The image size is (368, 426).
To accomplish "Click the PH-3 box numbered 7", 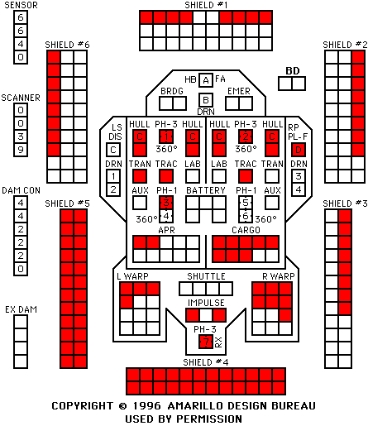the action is pos(206,342).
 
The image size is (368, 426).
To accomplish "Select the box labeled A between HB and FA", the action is pos(206,80).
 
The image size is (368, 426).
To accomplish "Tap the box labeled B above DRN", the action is pos(206,100).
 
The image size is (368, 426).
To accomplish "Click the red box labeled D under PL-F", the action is pos(299,150).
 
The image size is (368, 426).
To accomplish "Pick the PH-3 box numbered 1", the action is pos(166,136).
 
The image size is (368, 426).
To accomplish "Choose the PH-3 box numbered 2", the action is pos(246,136).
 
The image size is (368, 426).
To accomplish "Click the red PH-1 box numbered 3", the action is pos(166,203).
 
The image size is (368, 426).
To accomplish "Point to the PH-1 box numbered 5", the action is pos(246,203).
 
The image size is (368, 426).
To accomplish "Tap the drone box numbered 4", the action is pos(299,189).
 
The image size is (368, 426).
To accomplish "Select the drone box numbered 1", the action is pos(113,176).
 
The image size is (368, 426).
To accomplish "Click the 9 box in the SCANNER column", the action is pos(21,150).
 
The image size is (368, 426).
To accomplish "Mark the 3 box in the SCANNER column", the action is pos(21,136).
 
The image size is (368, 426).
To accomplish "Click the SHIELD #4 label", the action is pos(206,362).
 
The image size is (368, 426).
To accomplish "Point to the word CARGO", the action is pos(246,230).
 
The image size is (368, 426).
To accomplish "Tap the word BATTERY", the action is pos(206,190).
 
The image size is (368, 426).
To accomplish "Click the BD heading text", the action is pos(293,71).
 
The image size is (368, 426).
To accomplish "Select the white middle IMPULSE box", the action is pos(206,315).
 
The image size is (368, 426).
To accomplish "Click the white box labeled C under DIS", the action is pos(113,150).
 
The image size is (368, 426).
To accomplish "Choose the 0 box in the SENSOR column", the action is pos(21,57).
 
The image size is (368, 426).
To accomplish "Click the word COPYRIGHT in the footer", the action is pos(83,406).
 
